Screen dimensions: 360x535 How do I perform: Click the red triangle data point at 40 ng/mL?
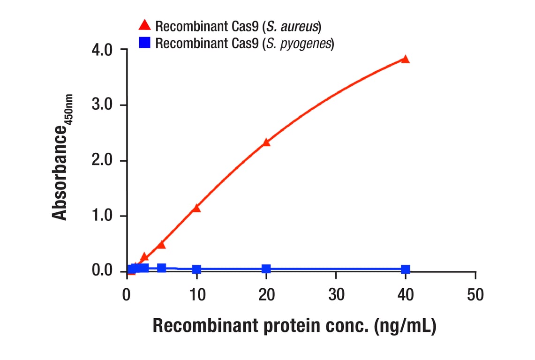pyautogui.click(x=405, y=60)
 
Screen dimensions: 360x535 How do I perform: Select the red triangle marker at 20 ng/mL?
pyautogui.click(x=266, y=142)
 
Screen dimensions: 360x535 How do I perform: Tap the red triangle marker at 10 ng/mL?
pyautogui.click(x=196, y=208)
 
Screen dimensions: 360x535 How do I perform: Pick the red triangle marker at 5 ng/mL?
pyautogui.click(x=161, y=245)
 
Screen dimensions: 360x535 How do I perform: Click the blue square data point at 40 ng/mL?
pyautogui.click(x=405, y=269)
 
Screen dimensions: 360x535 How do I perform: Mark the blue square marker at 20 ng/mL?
pyautogui.click(x=266, y=269)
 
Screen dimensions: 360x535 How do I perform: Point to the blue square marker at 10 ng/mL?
pyautogui.click(x=196, y=269)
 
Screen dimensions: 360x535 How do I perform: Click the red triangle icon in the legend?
pyautogui.click(x=145, y=25)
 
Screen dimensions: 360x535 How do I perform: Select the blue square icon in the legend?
pyautogui.click(x=145, y=43)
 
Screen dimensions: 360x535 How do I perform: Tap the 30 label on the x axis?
pyautogui.click(x=336, y=295)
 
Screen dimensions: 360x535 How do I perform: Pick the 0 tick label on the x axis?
pyautogui.click(x=127, y=295)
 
